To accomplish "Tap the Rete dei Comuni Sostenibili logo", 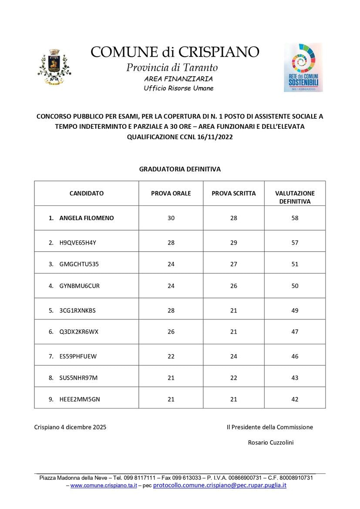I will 303,67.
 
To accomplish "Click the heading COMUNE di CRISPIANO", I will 175,52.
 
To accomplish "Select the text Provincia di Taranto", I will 172,68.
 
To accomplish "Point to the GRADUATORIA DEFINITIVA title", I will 180,169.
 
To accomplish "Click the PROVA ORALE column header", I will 171,193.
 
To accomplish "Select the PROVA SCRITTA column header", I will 234,193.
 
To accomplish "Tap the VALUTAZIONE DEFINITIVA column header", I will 295,197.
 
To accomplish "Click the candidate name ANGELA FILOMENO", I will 86,218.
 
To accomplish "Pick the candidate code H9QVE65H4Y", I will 77,242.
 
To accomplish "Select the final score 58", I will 295,218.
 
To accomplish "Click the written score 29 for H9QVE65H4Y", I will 234,242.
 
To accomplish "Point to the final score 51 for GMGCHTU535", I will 295,264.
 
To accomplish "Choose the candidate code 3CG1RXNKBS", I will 77,310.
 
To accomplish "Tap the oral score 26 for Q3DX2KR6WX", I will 171,332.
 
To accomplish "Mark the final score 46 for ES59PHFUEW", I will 295,356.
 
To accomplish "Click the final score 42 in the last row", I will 295,399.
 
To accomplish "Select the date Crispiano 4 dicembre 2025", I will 70,427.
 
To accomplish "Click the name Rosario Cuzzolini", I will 271,442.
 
